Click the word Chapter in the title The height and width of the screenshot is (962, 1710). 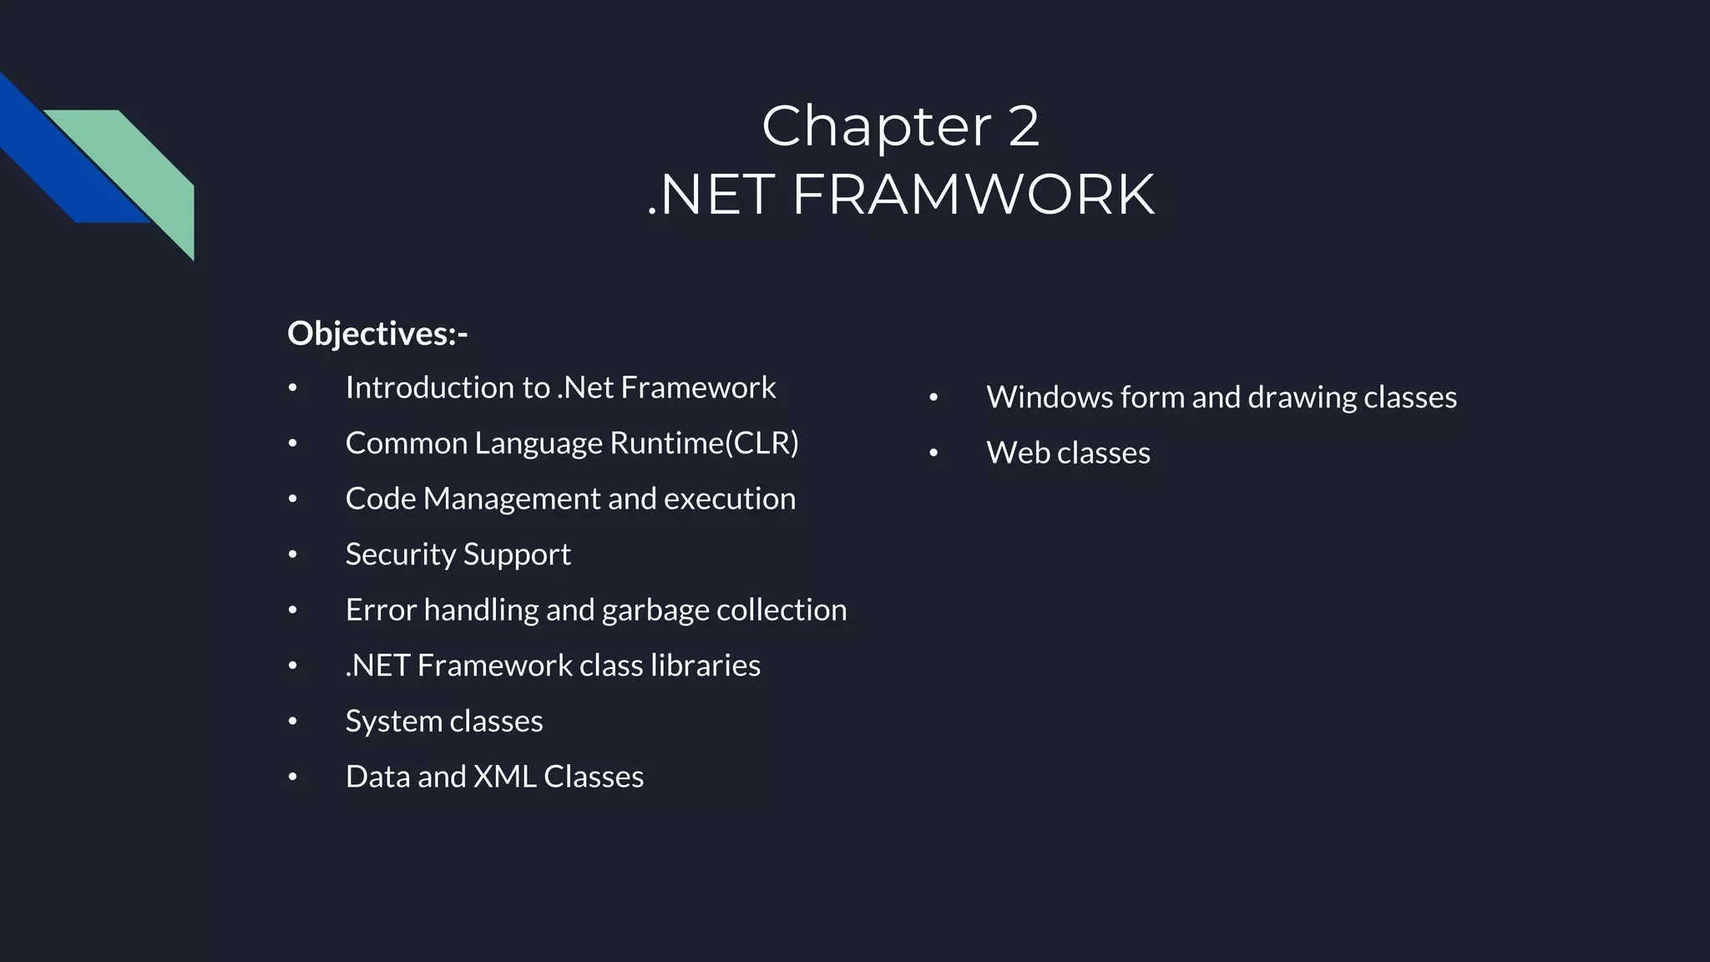point(876,126)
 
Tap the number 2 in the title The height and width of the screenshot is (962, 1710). point(1023,126)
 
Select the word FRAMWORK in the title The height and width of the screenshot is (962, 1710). point(973,195)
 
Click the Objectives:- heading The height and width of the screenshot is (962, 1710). point(377,333)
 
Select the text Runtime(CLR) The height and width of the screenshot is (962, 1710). point(704,443)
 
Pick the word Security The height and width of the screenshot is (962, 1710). point(400,554)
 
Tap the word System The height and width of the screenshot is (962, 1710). point(393,721)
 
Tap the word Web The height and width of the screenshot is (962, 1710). point(1017,453)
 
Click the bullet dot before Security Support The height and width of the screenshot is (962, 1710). point(292,554)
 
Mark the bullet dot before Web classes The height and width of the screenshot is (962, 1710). point(933,453)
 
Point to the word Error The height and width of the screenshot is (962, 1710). point(380,610)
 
